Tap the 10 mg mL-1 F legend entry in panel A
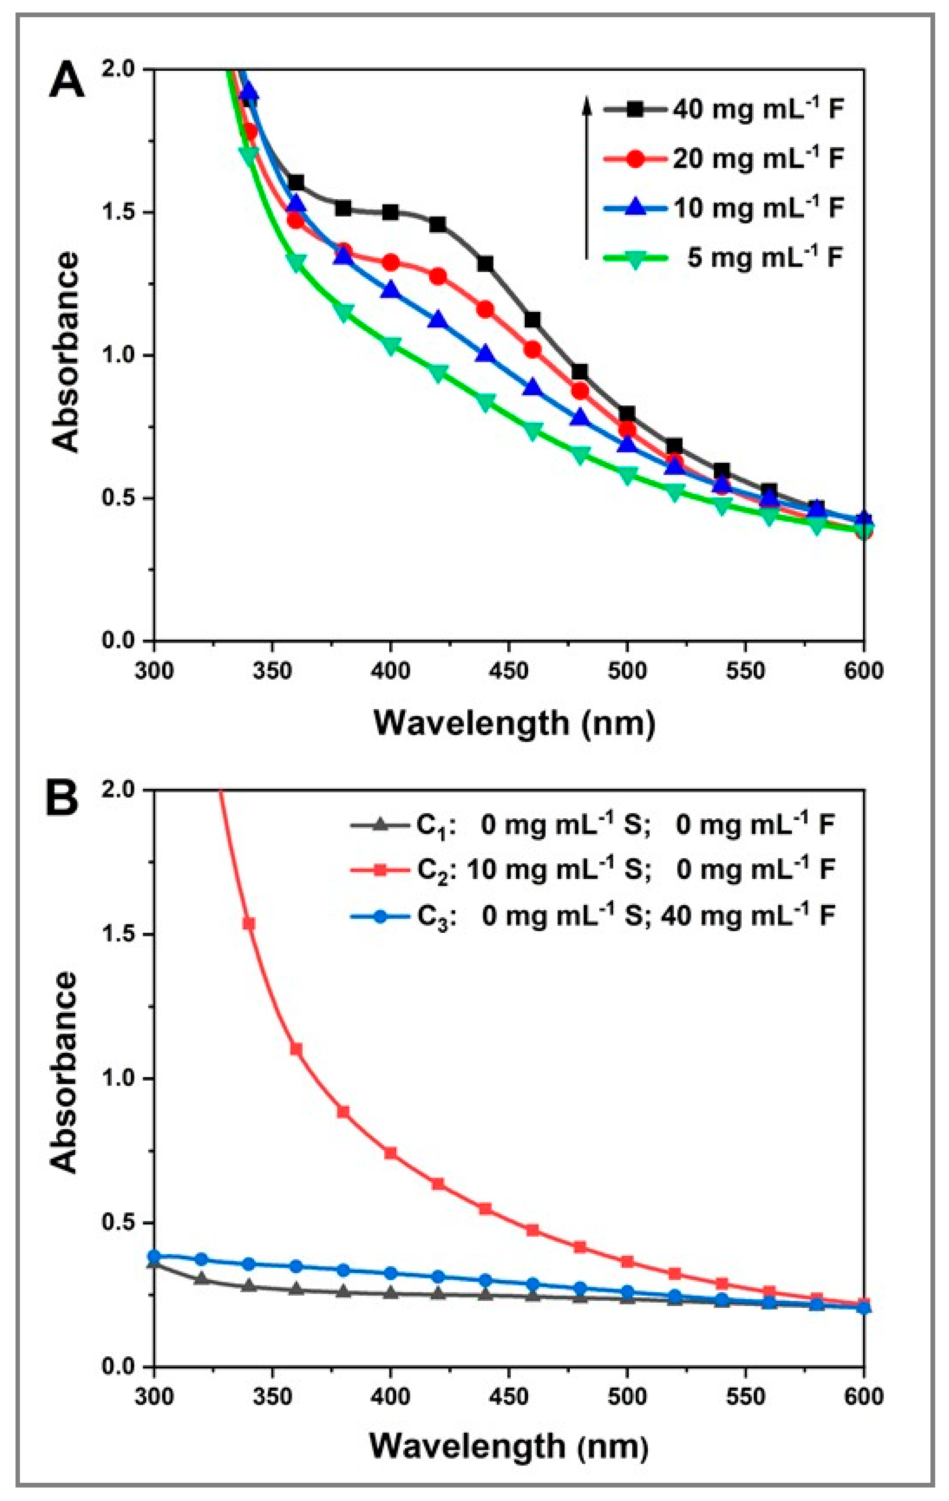coord(723,207)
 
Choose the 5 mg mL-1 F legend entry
coord(723,257)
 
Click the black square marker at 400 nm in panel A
coord(391,213)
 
